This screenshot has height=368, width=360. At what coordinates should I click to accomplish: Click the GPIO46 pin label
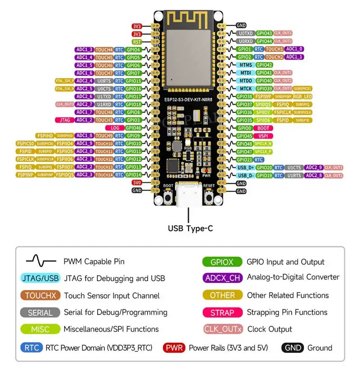click(x=133, y=128)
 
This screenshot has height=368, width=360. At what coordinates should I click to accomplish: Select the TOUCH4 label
click(x=104, y=50)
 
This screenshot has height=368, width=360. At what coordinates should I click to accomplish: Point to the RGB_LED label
click(x=302, y=96)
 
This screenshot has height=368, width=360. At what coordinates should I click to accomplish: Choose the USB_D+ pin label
click(x=246, y=168)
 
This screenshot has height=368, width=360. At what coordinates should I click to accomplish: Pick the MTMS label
click(x=246, y=65)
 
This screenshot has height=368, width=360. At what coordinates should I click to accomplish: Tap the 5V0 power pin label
click(x=137, y=183)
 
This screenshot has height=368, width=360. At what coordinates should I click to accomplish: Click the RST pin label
click(x=137, y=42)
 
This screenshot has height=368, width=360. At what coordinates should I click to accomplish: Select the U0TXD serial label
click(x=246, y=33)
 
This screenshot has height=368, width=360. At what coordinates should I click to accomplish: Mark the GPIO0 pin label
click(x=245, y=128)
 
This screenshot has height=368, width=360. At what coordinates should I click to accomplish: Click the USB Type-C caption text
click(x=190, y=229)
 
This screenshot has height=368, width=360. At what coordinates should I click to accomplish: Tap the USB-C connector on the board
click(x=189, y=196)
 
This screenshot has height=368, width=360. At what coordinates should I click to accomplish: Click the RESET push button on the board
click(x=209, y=196)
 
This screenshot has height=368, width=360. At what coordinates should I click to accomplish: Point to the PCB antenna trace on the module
click(x=189, y=19)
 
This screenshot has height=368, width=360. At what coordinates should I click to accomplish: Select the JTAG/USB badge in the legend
click(x=40, y=278)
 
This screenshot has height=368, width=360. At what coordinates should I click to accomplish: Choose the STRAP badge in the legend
click(x=222, y=313)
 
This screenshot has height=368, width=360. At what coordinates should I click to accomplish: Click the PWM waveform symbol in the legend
click(x=41, y=261)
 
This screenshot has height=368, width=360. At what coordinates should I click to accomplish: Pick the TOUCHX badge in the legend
click(x=40, y=295)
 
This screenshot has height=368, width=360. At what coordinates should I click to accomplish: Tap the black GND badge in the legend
click(x=292, y=348)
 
